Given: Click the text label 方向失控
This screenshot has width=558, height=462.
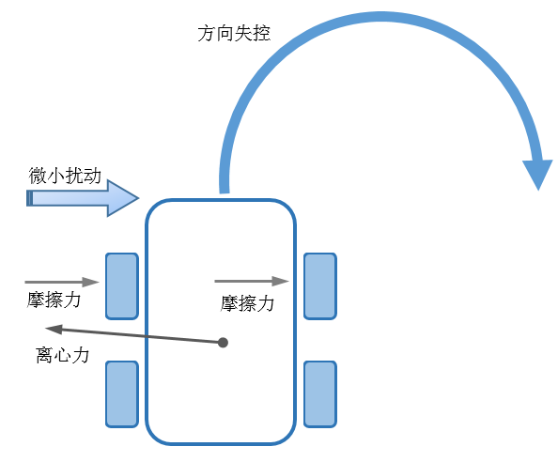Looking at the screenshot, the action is tap(234, 34).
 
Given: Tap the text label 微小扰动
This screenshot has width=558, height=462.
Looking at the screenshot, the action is tap(65, 176).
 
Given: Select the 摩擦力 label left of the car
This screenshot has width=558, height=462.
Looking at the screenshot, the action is tap(54, 300).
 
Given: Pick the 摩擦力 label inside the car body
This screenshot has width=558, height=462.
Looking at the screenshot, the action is tap(247, 303).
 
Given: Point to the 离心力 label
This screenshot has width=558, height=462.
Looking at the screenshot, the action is tap(62, 355).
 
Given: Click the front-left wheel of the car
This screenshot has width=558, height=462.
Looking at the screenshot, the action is tap(122, 286).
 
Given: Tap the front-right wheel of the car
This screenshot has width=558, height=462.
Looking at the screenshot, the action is tap(320, 286).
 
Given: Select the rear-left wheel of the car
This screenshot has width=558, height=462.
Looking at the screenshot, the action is tap(122, 394).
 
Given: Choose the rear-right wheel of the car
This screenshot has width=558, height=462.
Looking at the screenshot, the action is tap(320, 394).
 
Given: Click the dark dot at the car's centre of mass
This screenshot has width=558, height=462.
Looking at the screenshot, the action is tap(224, 343).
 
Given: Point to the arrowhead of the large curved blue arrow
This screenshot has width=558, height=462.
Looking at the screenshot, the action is tap(538, 175).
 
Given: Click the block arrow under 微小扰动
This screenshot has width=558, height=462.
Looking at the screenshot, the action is tap(83, 198).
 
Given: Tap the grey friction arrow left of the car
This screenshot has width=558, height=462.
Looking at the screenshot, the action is tap(62, 282).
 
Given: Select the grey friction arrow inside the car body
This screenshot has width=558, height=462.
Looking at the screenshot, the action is tap(252, 281).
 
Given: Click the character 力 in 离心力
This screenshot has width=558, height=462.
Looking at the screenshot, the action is tap(81, 355).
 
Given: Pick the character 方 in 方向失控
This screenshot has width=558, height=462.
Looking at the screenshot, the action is tap(207, 34).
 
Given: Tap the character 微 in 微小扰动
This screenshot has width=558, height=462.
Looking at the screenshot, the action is tap(38, 176).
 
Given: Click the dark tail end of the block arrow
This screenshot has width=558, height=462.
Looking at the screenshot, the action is tap(29, 198).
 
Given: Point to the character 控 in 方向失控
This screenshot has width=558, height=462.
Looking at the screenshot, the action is tap(261, 34).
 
